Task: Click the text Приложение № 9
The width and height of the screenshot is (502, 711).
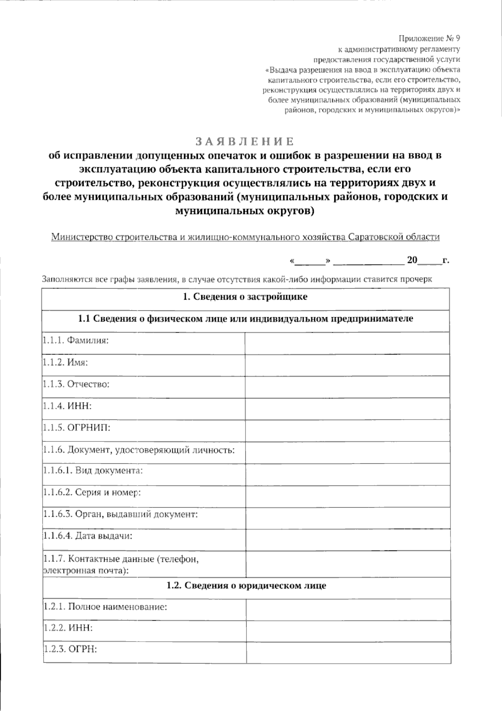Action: [429, 39]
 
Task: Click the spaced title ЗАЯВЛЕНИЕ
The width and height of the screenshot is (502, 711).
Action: [245, 141]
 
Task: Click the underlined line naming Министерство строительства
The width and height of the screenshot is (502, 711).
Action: [245, 237]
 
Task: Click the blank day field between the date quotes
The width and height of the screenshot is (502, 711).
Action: [310, 261]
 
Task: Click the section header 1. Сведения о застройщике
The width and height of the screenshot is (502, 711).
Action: [245, 297]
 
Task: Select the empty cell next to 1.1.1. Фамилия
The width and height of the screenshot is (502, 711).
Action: [347, 343]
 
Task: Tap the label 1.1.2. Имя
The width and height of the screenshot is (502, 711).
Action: [65, 362]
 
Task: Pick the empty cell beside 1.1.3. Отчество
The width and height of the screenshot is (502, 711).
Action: [347, 386]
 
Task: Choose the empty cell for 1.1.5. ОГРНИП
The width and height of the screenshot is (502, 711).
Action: [347, 430]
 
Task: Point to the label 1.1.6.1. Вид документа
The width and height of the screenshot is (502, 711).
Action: [93, 471]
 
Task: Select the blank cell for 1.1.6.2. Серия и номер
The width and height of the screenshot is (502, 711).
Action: [347, 495]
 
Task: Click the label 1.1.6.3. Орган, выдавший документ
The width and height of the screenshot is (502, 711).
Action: [120, 514]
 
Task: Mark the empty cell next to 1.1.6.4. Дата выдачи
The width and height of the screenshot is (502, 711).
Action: [347, 539]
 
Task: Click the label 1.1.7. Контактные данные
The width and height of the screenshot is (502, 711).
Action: [120, 559]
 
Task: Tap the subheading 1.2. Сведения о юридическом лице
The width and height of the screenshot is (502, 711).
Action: [246, 586]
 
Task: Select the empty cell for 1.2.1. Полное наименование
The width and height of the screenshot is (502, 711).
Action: [348, 609]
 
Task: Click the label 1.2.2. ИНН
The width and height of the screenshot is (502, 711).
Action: [68, 628]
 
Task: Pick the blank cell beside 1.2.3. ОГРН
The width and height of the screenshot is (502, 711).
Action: [348, 652]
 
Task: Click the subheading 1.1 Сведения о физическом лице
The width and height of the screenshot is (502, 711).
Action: [245, 319]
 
